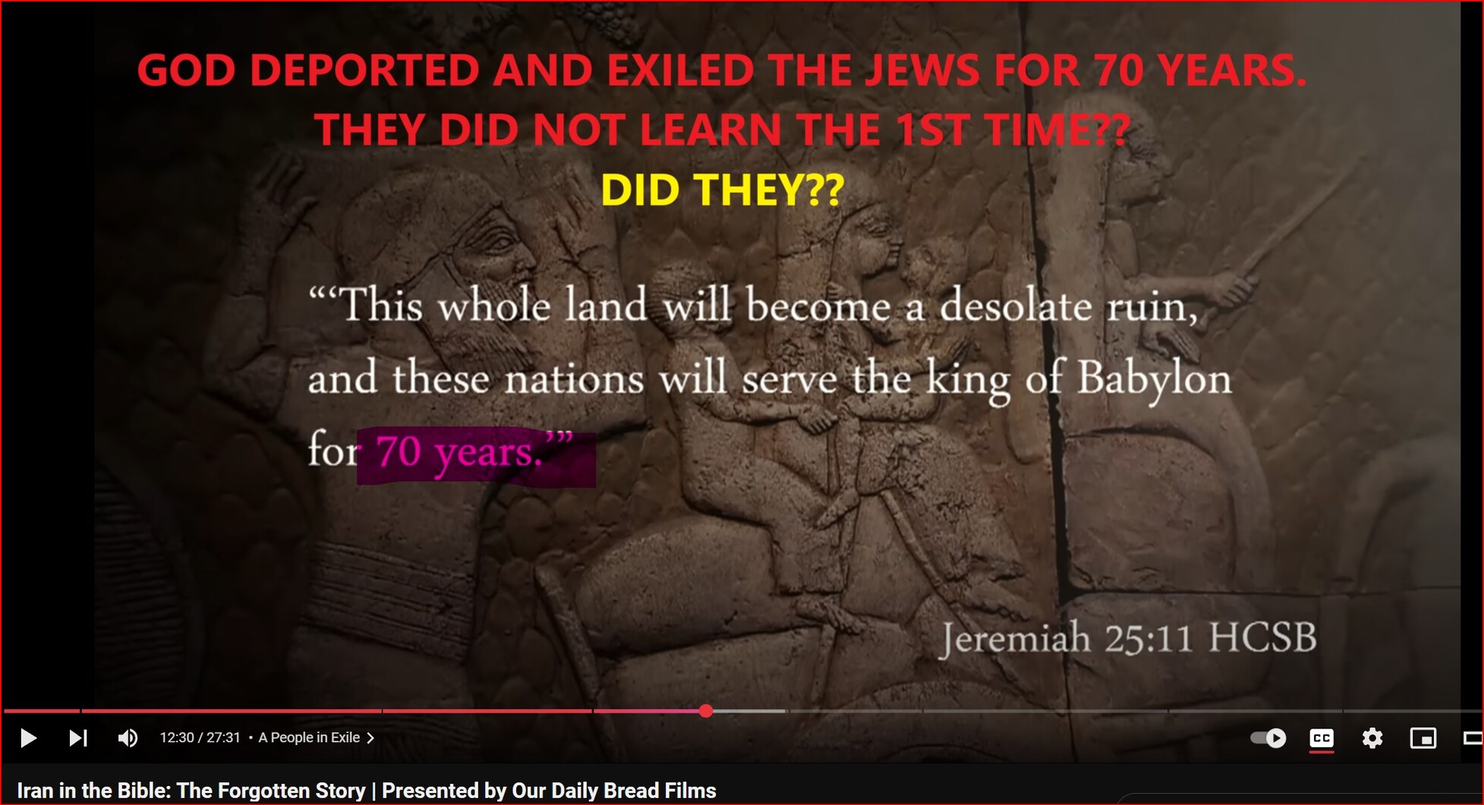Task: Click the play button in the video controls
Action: [28, 737]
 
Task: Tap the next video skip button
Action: [78, 737]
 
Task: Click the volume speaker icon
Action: [128, 737]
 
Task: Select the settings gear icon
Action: [1372, 737]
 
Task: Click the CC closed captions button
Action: [1322, 738]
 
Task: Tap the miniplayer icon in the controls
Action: [1423, 738]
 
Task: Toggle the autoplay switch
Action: [1268, 737]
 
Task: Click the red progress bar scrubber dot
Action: [706, 711]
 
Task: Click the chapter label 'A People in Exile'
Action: [309, 737]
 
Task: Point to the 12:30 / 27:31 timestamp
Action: [200, 737]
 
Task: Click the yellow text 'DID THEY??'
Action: [722, 189]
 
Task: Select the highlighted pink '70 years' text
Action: [458, 452]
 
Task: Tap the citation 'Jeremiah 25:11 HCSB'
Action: [1128, 637]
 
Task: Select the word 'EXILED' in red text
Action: [679, 70]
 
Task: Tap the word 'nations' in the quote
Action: [574, 379]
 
